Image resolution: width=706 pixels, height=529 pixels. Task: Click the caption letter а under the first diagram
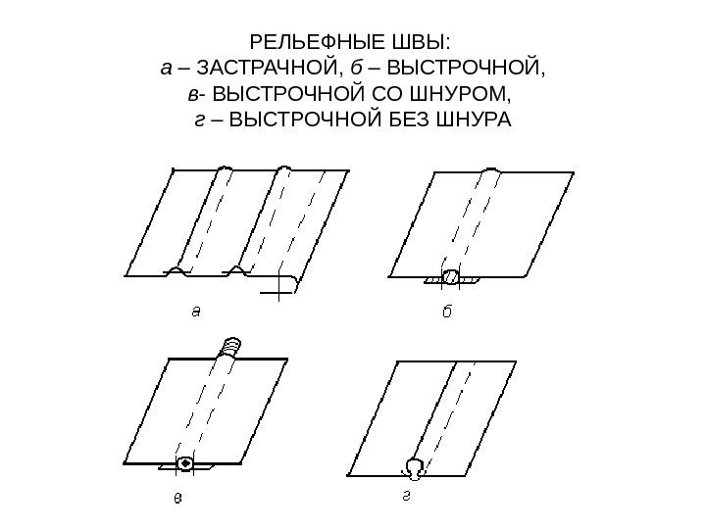[x=195, y=313]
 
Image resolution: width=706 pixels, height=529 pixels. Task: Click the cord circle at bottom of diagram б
[x=450, y=277]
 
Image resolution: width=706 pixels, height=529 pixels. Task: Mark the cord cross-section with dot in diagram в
[x=184, y=462]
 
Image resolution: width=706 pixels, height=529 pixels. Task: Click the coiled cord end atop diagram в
[x=230, y=345]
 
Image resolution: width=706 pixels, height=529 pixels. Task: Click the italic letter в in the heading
[x=192, y=96]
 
